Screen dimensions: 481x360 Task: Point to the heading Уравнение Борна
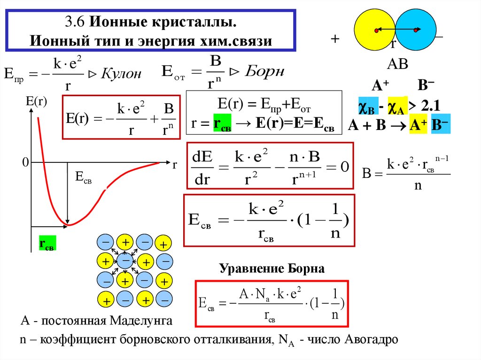coord(272,269)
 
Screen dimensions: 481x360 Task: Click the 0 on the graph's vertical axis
coord(25,162)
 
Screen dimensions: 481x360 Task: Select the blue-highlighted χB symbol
coord(366,107)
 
